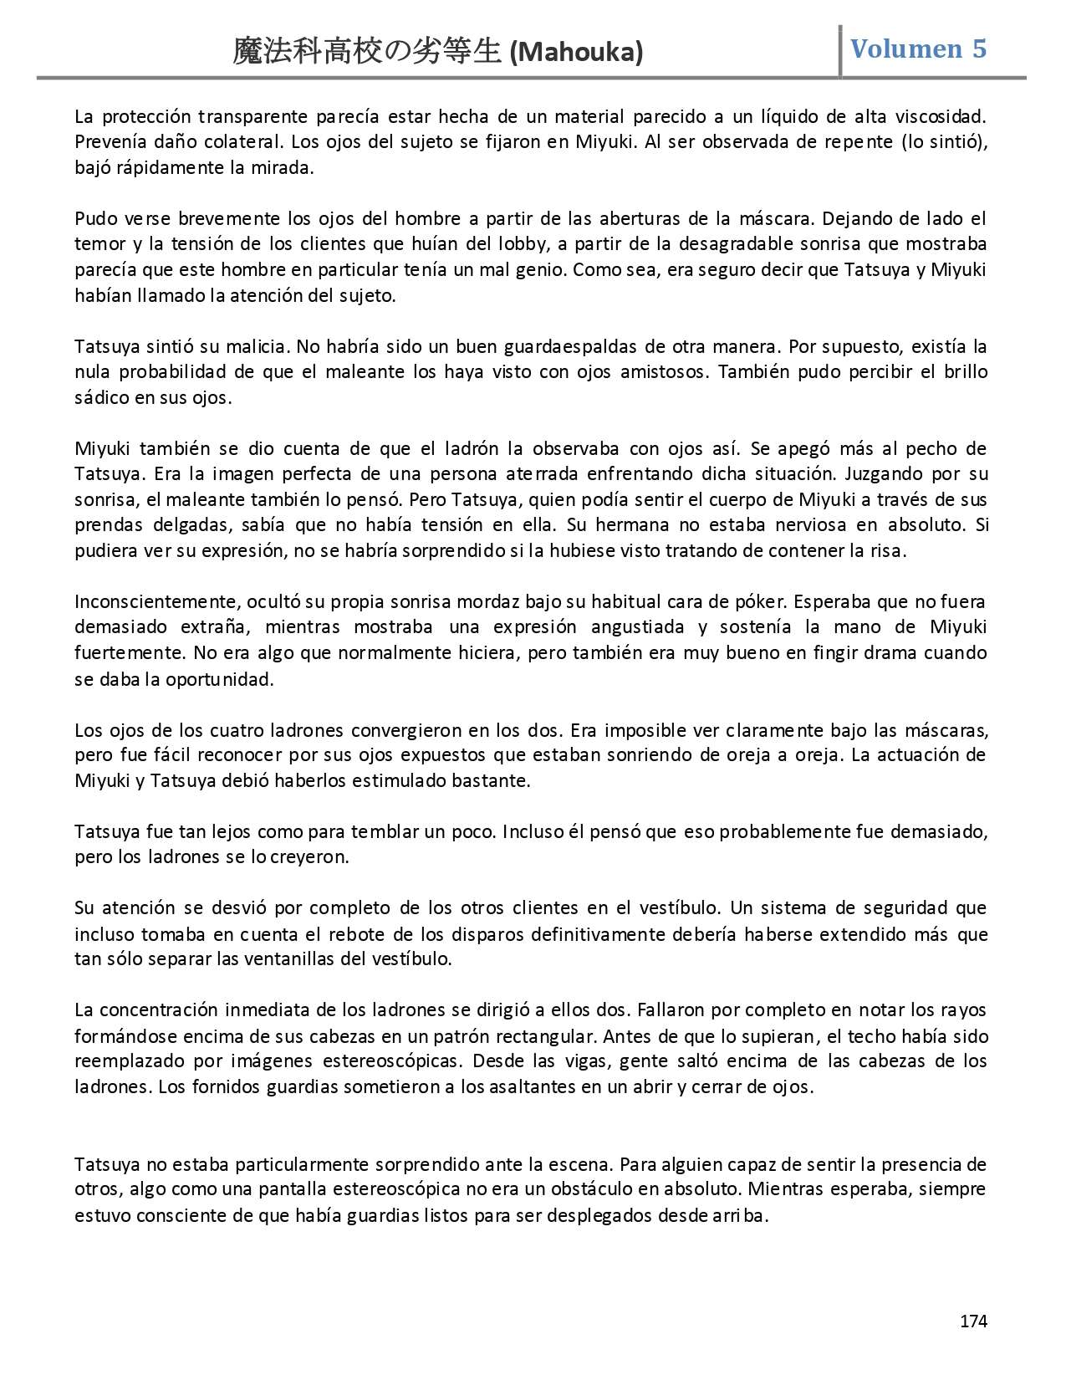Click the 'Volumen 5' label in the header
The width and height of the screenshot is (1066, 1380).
918,49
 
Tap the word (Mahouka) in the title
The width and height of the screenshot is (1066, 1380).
576,52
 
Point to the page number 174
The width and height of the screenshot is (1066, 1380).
973,1321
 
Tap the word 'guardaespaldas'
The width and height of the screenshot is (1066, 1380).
576,346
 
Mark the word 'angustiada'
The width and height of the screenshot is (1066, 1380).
636,627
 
